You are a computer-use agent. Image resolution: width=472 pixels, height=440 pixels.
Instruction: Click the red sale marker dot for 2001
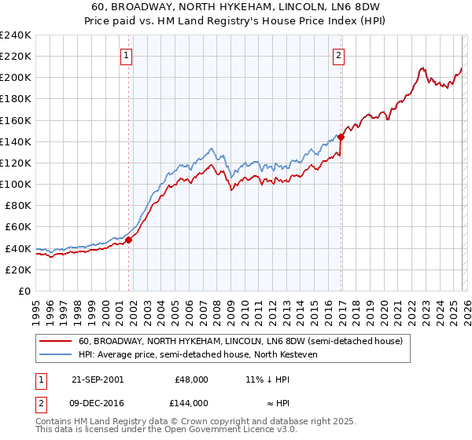point(129,240)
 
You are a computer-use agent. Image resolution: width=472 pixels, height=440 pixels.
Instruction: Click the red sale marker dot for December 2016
point(341,137)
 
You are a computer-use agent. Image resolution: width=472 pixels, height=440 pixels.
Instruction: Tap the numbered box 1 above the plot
point(127,55)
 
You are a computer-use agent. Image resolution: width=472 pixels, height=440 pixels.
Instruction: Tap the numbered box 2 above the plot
point(338,55)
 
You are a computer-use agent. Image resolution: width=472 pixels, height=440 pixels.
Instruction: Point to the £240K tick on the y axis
point(16,35)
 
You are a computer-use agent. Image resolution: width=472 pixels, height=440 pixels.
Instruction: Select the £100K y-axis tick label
point(16,184)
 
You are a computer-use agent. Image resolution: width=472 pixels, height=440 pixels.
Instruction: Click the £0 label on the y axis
point(24,291)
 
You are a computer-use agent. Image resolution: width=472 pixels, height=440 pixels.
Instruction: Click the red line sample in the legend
point(56,342)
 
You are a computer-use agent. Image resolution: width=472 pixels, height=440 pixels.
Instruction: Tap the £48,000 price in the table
point(191,379)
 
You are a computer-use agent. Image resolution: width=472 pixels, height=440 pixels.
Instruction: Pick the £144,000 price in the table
point(191,402)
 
